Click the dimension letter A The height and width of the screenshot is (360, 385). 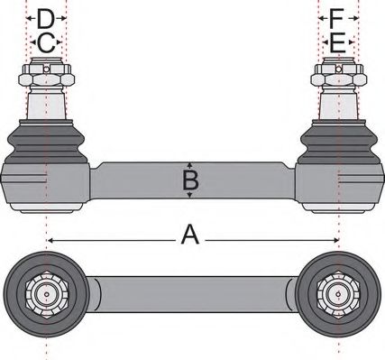coord(189,235)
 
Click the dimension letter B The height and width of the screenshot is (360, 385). coord(189,181)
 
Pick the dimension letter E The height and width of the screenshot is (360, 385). coord(337,42)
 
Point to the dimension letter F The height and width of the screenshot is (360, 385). coord(337,18)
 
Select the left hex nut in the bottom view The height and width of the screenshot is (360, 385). coord(43,294)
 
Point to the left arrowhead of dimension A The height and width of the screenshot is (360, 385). coord(50,239)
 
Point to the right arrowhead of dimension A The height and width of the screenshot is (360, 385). coord(335,239)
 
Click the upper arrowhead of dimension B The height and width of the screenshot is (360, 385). coord(189,165)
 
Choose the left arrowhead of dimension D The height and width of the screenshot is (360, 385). coord(27,18)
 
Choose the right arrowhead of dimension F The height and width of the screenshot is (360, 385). coord(356,18)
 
